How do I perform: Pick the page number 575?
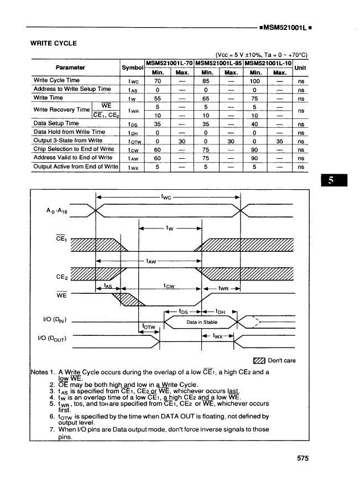pos(302,458)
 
